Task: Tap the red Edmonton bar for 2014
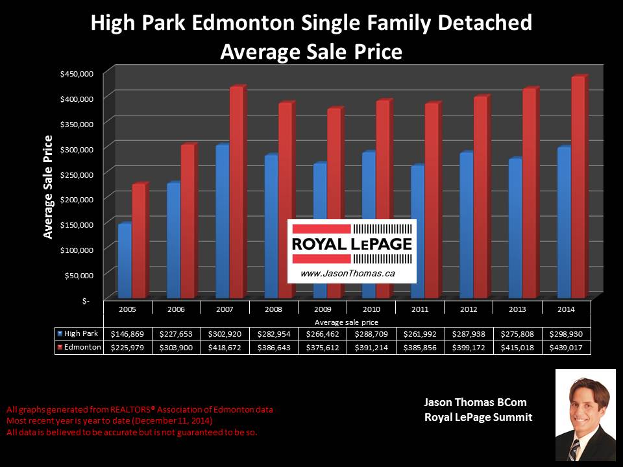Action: coord(578,188)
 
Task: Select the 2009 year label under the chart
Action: coord(323,310)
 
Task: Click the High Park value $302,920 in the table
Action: coord(225,334)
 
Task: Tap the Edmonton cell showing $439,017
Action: coord(567,347)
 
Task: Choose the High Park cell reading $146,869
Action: coord(127,334)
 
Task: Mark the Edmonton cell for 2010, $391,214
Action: coord(371,347)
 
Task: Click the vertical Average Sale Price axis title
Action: coord(49,186)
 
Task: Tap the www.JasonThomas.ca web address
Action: coord(339,274)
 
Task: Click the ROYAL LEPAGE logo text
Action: coord(352,245)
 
